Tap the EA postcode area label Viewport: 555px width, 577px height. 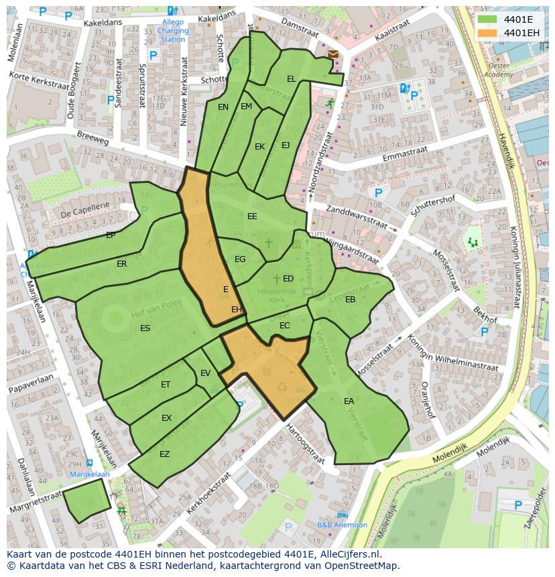349,401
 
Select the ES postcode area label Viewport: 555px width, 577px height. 145,328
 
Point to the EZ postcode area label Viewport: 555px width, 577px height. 164,454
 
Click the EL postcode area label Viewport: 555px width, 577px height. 291,78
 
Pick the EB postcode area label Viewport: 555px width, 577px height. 350,300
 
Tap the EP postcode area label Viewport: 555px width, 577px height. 111,235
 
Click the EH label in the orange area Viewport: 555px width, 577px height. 236,309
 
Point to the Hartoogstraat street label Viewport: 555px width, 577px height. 305,444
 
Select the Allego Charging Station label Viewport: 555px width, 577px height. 173,31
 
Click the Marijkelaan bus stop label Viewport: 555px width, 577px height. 90,474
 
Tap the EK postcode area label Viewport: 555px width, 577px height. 259,147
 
